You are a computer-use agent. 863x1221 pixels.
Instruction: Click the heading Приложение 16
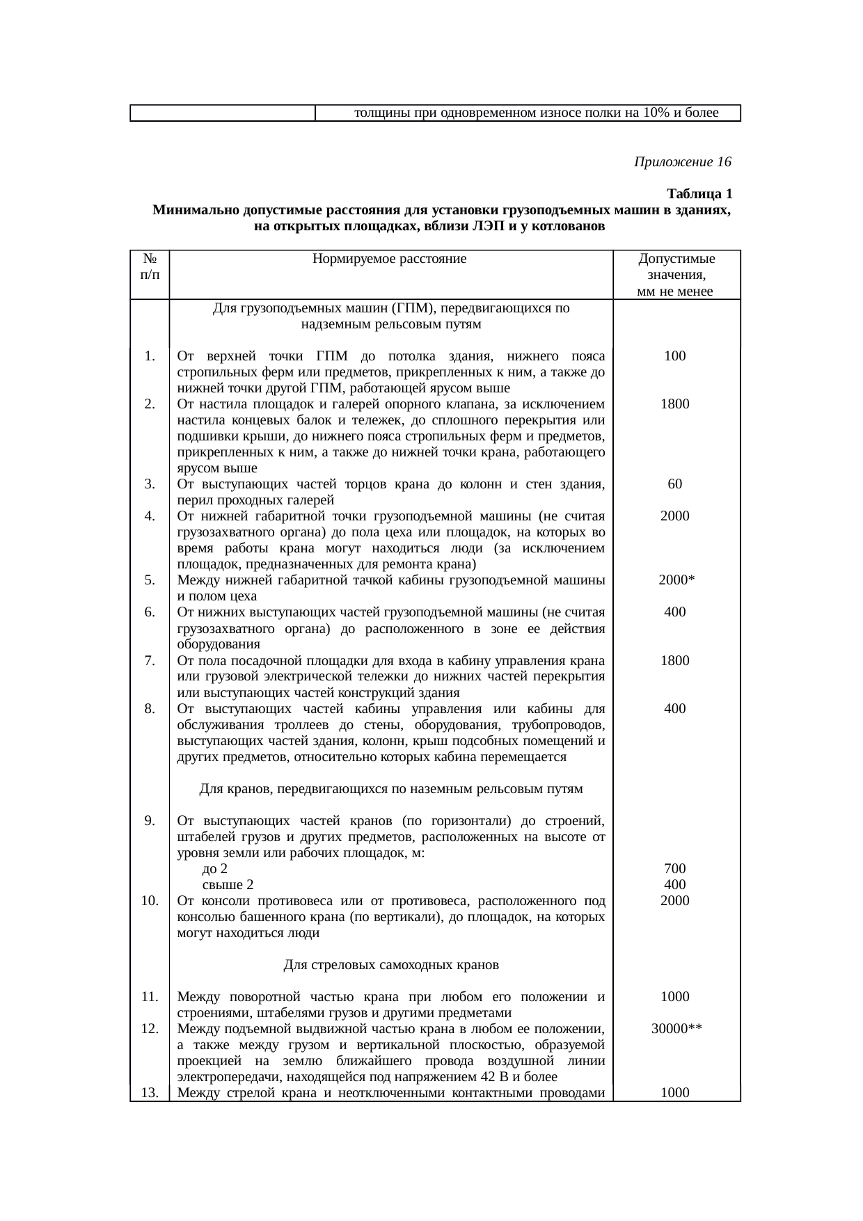(682, 162)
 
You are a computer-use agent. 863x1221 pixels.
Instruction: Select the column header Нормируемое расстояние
(390, 260)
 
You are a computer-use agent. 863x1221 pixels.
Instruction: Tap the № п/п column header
(150, 267)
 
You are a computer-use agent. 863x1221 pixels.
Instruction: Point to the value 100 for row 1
(675, 356)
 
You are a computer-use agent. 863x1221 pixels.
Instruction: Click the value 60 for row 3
(675, 484)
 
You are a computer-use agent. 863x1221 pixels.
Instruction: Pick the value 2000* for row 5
(675, 580)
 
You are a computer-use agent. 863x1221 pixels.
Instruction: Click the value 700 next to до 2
(675, 868)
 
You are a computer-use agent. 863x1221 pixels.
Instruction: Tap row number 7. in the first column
(150, 660)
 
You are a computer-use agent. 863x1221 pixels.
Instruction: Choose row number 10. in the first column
(150, 901)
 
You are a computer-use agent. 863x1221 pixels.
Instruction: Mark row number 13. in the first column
(150, 1092)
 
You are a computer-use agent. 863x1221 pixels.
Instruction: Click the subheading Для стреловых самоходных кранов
(390, 965)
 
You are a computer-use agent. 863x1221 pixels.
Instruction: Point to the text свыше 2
(228, 885)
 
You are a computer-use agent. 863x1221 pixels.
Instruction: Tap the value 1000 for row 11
(675, 996)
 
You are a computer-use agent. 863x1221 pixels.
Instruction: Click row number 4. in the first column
(150, 516)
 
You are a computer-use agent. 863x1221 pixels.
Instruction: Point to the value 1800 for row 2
(675, 404)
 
